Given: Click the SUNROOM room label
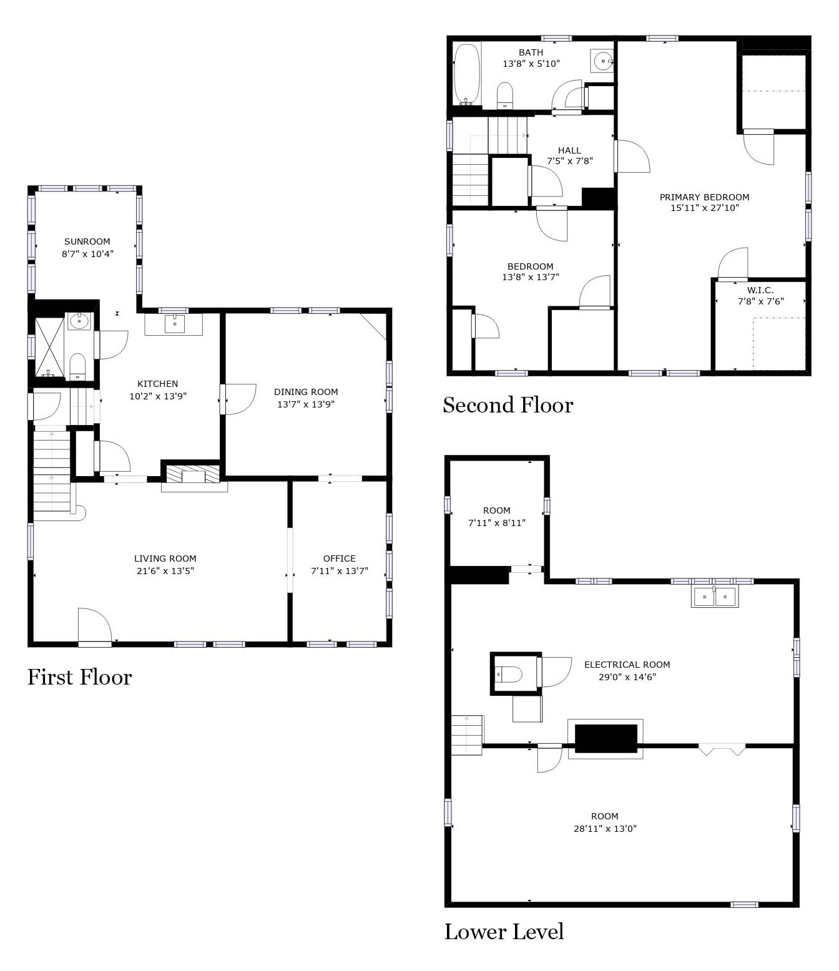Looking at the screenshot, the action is point(87,242).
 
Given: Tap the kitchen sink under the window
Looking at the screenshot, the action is point(174,324).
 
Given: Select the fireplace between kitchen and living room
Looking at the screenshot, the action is point(193,474).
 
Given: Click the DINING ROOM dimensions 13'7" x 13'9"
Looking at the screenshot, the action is point(305,404).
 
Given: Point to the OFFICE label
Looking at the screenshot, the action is point(340,559).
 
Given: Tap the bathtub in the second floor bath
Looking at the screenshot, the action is point(467,74).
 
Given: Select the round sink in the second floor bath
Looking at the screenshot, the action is point(602,61).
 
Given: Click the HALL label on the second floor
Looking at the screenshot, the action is point(569,150).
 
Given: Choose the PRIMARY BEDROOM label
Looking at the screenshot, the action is point(704,197).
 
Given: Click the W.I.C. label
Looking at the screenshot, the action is point(760,290).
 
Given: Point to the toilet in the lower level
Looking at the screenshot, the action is point(509,675).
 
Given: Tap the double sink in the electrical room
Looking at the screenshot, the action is point(714,596).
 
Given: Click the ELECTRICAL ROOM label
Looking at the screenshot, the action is point(627,665).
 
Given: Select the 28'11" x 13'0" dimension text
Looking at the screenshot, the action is point(605,829).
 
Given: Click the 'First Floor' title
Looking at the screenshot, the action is point(79,677).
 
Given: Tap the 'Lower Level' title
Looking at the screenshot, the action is point(504,932).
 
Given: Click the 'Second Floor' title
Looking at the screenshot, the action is point(508,405).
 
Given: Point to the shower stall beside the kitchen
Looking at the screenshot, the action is point(50,347).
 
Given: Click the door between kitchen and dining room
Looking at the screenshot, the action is point(238,399).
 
